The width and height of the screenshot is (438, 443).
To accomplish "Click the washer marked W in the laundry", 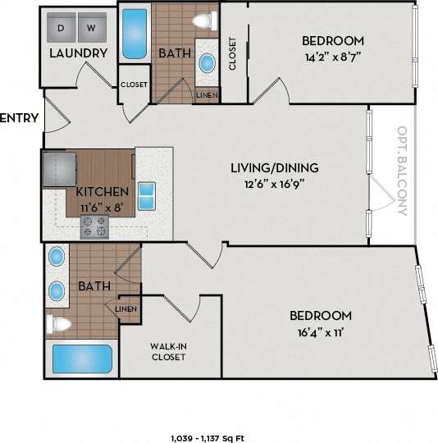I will (x=91, y=29).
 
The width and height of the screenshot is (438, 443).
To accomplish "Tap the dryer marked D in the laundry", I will (x=62, y=29).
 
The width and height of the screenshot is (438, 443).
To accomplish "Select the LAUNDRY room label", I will (x=79, y=53).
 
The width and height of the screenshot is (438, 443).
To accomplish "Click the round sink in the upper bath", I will (x=208, y=62).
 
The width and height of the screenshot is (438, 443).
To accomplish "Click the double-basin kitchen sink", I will (x=148, y=197).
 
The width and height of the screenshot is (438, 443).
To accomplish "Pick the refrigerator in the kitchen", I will (x=57, y=169).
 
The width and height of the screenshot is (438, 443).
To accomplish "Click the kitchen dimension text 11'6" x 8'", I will (x=103, y=207).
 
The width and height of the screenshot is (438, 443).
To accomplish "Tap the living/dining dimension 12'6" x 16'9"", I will (x=273, y=184).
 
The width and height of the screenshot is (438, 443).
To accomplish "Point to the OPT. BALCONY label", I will (x=402, y=171).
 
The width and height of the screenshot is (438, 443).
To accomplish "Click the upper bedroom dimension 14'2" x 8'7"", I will (x=332, y=57).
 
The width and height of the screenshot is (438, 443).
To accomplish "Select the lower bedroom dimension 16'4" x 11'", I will (x=321, y=332).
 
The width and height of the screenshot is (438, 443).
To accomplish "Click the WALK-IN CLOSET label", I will (x=168, y=351).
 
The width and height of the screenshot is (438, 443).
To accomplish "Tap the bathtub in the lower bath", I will (x=81, y=359).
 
